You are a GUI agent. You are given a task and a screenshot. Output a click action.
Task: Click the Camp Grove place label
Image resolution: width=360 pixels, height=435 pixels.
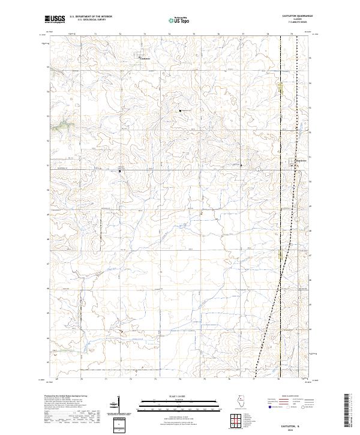click(300, 160)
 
